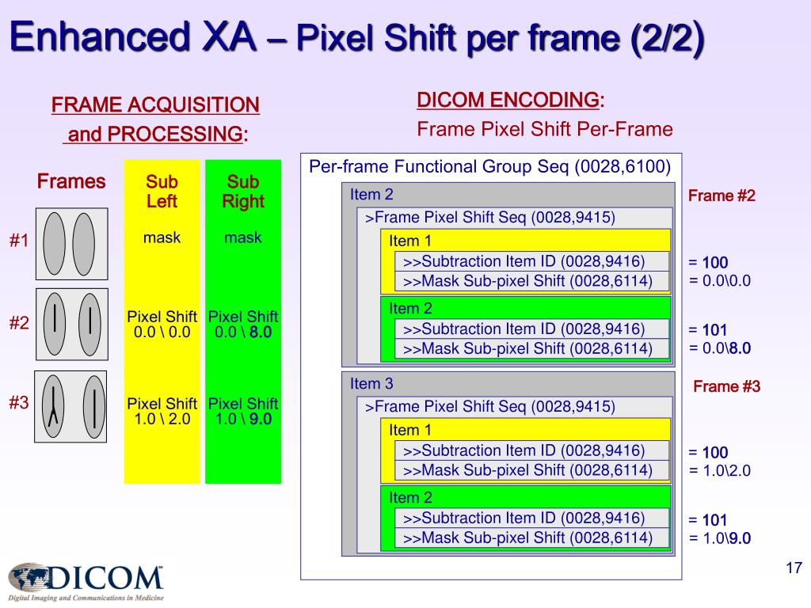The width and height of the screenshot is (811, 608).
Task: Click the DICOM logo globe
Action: click(32, 576)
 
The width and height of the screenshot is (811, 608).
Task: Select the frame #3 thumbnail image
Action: click(70, 406)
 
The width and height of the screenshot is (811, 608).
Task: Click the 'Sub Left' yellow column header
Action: click(162, 192)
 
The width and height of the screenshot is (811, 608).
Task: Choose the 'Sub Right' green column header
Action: click(243, 192)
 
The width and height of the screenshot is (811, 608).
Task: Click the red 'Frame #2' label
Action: click(722, 196)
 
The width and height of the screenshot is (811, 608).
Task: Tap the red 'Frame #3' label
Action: click(726, 387)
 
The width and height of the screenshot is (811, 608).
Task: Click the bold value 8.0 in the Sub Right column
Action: click(261, 332)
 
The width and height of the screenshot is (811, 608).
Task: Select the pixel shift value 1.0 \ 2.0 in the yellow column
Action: click(162, 420)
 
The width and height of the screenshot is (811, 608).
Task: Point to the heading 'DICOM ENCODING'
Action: click(508, 101)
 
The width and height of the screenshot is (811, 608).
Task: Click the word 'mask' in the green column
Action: click(243, 237)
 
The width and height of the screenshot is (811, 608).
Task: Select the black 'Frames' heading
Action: click(71, 182)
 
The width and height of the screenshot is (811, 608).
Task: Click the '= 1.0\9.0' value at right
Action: click(719, 538)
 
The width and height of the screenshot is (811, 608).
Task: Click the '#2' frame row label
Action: click(19, 323)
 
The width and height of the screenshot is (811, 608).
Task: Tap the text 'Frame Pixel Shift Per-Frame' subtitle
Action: click(545, 129)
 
